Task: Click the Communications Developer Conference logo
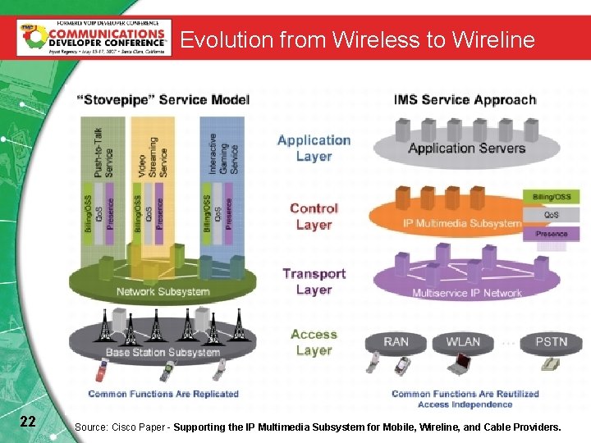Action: point(94,37)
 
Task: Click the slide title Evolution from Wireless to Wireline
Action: point(357,39)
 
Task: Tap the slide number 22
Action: point(27,422)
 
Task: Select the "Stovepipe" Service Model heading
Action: point(163,100)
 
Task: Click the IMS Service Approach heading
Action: point(465,100)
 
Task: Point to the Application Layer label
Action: point(314,148)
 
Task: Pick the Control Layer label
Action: point(314,217)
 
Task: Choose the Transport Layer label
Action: point(314,281)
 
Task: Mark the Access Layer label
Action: point(314,342)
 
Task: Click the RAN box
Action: point(396,341)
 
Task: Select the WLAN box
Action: point(464,341)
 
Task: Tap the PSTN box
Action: point(551,341)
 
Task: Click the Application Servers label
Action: point(466,148)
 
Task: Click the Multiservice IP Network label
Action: point(466,293)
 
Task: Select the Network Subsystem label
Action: point(163,291)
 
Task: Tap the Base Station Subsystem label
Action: point(163,353)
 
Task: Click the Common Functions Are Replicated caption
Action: point(163,394)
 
